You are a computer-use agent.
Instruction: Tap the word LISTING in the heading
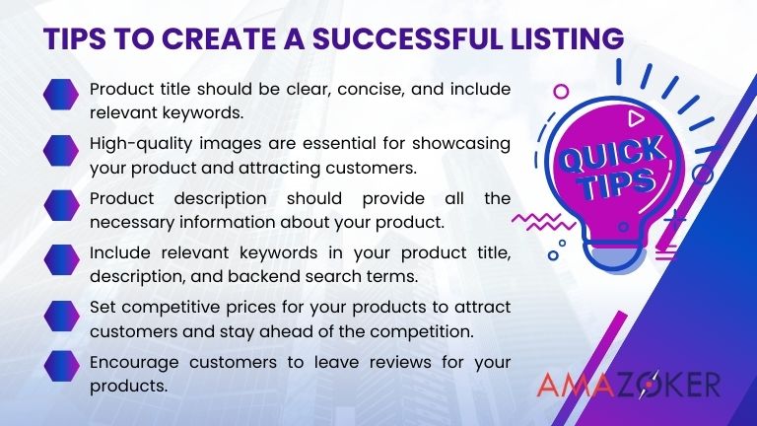[x=568, y=38]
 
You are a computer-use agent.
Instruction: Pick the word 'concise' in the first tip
[x=357, y=88]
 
